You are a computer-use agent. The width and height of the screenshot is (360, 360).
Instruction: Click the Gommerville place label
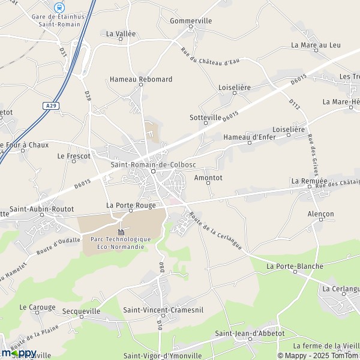pos(191,20)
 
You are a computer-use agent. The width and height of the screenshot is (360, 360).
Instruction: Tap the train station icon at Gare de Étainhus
pos(59,7)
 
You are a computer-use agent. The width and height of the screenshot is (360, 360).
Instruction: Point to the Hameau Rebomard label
pos(140,79)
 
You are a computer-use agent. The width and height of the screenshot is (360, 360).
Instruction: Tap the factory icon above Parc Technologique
pos(121,232)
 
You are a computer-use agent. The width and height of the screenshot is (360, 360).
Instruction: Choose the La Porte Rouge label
pos(131,205)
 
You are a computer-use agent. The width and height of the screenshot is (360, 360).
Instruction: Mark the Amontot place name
pos(209,178)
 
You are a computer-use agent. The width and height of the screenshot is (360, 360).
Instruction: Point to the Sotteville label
pos(205,118)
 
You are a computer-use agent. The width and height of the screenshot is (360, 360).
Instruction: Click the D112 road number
pos(294,104)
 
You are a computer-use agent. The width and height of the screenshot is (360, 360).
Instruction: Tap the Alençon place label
pos(320,214)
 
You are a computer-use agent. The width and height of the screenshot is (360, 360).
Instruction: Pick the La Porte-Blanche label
pos(295,266)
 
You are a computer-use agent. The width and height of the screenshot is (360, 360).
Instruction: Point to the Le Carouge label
pos(37,307)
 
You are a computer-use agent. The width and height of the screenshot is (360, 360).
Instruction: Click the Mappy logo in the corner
pos(19,353)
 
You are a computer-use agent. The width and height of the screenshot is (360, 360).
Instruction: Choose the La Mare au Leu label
pos(316,45)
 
